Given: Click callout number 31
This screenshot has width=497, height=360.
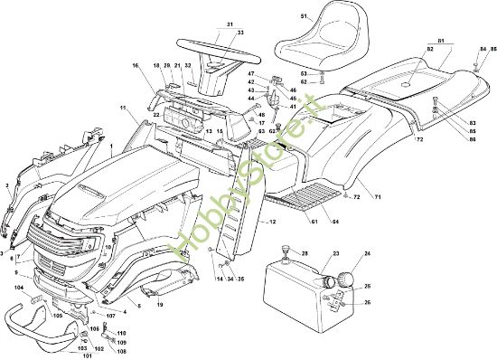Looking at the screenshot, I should [x=230, y=24].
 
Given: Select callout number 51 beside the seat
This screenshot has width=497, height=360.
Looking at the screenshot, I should [x=305, y=16].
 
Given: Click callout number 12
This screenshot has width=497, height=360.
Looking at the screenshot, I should [x=272, y=222].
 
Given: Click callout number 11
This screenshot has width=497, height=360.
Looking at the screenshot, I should [x=121, y=109].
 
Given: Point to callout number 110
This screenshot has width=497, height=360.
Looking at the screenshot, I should [x=123, y=334].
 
